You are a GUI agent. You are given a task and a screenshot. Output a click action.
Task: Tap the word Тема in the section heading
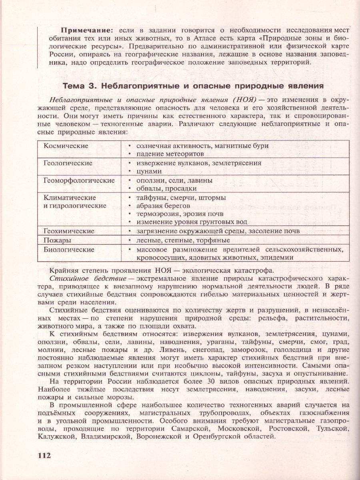[74, 86]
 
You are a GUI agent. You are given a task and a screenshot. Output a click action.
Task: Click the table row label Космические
[66, 146]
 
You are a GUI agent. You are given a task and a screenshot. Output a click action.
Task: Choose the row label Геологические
[68, 163]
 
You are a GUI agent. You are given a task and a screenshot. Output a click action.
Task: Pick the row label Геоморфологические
[79, 180]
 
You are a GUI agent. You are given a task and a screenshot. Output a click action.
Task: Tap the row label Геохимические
[69, 231]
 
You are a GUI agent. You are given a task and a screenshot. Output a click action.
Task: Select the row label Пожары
[57, 240]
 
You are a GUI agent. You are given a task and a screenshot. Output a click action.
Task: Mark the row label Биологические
[69, 250]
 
